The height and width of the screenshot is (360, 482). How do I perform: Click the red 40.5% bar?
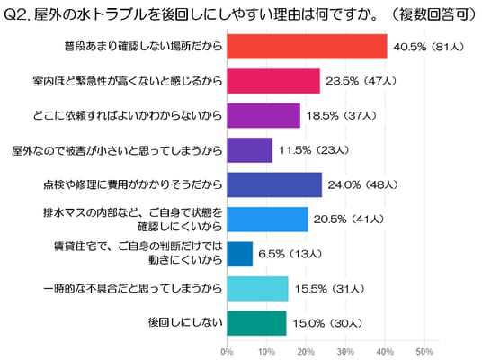click(x=307, y=47)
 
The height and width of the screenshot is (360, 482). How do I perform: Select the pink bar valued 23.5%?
click(x=273, y=81)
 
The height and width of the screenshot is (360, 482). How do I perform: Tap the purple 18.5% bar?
click(x=263, y=116)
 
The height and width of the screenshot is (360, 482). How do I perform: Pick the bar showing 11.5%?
click(x=250, y=150)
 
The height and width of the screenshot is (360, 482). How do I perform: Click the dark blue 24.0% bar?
click(x=274, y=184)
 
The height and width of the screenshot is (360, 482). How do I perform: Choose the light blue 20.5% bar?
click(x=267, y=220)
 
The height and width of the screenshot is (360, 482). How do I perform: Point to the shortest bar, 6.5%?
click(x=240, y=254)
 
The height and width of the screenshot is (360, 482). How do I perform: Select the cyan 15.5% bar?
click(x=257, y=289)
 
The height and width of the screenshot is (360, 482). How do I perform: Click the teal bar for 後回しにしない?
click(x=256, y=323)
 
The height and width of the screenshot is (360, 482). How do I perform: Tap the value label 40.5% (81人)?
click(x=429, y=47)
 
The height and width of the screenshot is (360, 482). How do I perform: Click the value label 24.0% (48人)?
click(x=362, y=184)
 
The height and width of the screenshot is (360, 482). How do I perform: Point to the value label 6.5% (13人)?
click(x=290, y=254)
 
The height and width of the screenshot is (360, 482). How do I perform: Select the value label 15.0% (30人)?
click(x=327, y=323)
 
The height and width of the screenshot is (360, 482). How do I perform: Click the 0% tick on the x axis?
click(x=227, y=351)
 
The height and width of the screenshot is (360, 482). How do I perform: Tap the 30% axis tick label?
click(x=345, y=351)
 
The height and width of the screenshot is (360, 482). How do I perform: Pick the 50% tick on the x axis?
click(x=424, y=351)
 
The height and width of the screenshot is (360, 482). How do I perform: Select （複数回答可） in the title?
click(x=434, y=14)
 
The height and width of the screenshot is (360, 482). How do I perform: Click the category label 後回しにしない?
click(x=185, y=322)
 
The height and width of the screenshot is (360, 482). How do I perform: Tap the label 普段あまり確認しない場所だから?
click(x=143, y=46)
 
